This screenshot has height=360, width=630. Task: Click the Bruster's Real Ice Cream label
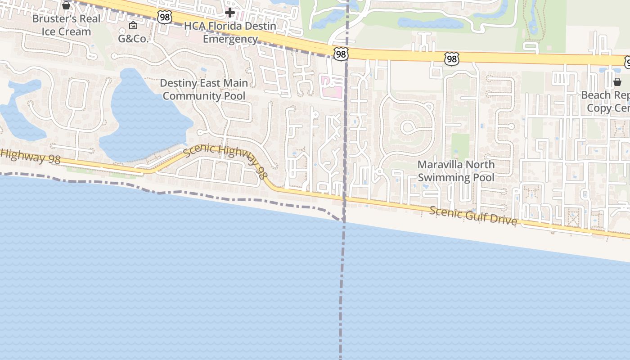click(66, 25)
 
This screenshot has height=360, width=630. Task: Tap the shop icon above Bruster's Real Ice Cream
click(66, 5)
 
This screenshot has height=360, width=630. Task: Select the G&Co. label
click(133, 39)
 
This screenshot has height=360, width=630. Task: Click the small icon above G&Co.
click(133, 25)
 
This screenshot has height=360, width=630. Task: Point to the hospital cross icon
click(230, 12)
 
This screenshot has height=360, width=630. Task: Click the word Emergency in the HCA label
click(230, 39)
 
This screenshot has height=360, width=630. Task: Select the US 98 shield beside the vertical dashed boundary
click(341, 54)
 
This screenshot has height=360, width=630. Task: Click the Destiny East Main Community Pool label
click(204, 90)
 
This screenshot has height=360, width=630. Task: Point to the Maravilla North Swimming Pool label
click(456, 171)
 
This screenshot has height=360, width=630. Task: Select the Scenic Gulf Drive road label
click(472, 216)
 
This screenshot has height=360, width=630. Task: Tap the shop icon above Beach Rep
click(617, 82)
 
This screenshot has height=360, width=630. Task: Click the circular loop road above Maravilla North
click(409, 127)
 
